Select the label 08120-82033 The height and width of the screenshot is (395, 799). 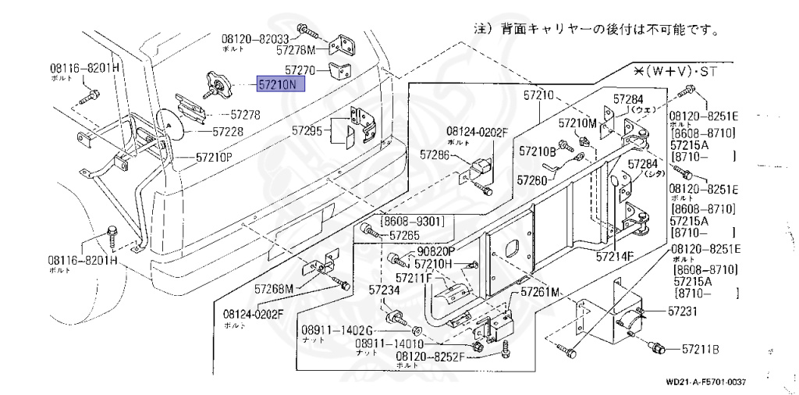coord(254,38)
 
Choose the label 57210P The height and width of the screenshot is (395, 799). coord(214,158)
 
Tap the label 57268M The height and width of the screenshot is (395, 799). coord(273,290)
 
